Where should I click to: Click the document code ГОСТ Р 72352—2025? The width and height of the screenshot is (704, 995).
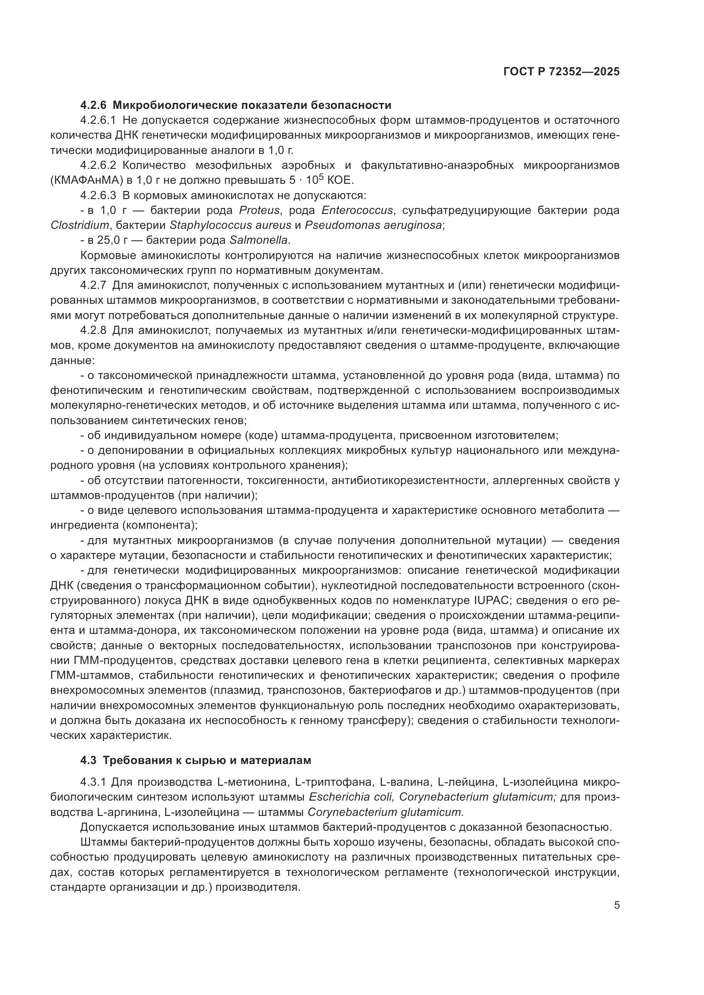(x=561, y=72)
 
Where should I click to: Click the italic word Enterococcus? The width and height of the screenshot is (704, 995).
(x=357, y=211)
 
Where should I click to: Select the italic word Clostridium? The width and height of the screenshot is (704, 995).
(x=79, y=225)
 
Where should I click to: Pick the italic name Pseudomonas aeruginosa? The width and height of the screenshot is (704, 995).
(x=374, y=225)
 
